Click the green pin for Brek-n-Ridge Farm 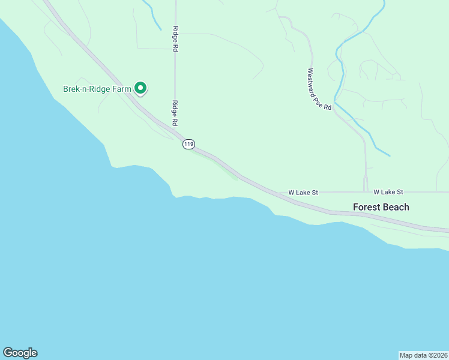coord(140,88)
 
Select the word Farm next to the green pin coord(122,89)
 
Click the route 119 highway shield coord(189,144)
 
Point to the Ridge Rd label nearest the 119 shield coord(175,113)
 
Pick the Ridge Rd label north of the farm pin coord(175,39)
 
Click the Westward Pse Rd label coord(319,89)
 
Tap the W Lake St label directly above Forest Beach coord(388,192)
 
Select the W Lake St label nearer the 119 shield coord(303,193)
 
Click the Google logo coord(20,353)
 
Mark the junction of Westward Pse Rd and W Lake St coord(366,192)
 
